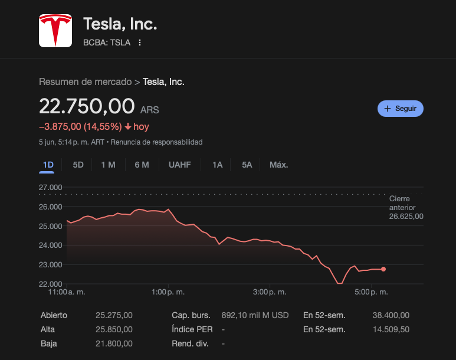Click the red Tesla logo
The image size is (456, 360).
(55, 31)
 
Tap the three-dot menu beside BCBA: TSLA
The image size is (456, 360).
(140, 42)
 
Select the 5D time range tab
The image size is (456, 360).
(78, 165)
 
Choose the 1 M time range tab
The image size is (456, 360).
(108, 165)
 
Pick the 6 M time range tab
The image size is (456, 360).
(142, 165)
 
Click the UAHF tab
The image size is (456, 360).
(179, 165)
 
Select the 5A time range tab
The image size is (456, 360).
(247, 165)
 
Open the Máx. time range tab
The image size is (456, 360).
(278, 165)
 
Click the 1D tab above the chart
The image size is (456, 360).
(48, 165)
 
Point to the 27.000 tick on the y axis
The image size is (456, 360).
(51, 188)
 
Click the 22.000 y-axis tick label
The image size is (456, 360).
(51, 284)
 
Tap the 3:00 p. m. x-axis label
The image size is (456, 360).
(270, 292)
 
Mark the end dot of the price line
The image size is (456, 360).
(383, 269)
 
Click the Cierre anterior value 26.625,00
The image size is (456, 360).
(406, 217)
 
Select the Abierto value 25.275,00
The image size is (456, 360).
(114, 315)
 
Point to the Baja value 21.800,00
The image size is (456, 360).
(114, 343)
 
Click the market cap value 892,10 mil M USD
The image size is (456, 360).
(255, 315)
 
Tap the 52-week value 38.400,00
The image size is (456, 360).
(391, 315)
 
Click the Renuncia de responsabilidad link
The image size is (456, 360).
(156, 142)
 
